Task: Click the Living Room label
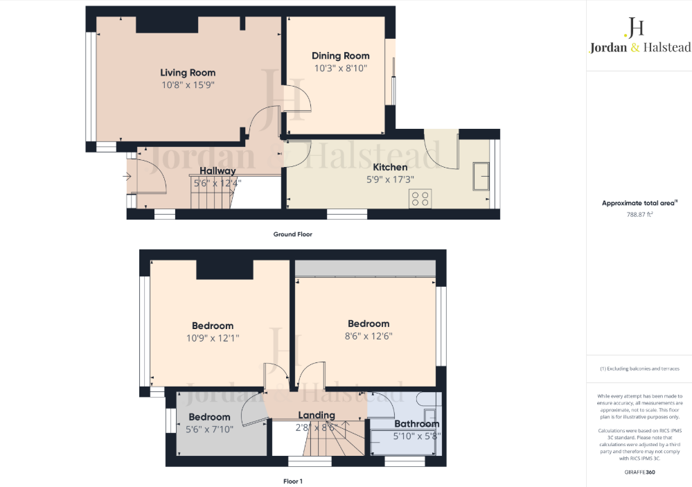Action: (188, 72)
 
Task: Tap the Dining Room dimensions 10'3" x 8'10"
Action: (340, 68)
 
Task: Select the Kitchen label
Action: (390, 167)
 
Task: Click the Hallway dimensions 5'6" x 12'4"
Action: (218, 184)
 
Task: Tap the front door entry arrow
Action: (127, 177)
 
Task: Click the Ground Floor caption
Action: (292, 234)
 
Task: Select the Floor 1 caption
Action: (292, 481)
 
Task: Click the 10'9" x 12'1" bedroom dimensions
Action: (213, 338)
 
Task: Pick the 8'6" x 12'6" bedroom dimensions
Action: (369, 336)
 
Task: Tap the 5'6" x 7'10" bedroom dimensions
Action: (209, 430)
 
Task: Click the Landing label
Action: (317, 415)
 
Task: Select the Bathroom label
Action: (417, 423)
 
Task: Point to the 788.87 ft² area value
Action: (639, 215)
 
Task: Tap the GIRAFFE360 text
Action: (639, 472)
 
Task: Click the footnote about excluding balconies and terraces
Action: (639, 369)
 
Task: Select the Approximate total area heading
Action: (639, 203)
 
